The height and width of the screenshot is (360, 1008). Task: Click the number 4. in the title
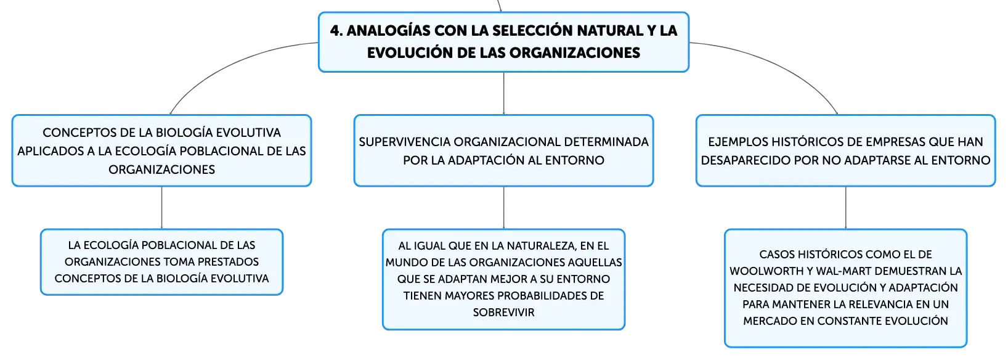click(336, 31)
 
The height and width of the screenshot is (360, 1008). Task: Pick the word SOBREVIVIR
click(503, 313)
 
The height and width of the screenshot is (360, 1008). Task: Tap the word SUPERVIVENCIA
click(404, 142)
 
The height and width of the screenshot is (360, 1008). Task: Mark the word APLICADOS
click(51, 151)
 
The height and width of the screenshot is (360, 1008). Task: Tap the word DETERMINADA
click(606, 142)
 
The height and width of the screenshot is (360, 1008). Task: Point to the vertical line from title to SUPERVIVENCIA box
click(503, 94)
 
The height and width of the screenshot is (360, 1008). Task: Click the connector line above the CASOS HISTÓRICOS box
click(845, 208)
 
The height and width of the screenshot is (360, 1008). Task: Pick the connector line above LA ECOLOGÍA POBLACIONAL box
click(161, 208)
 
